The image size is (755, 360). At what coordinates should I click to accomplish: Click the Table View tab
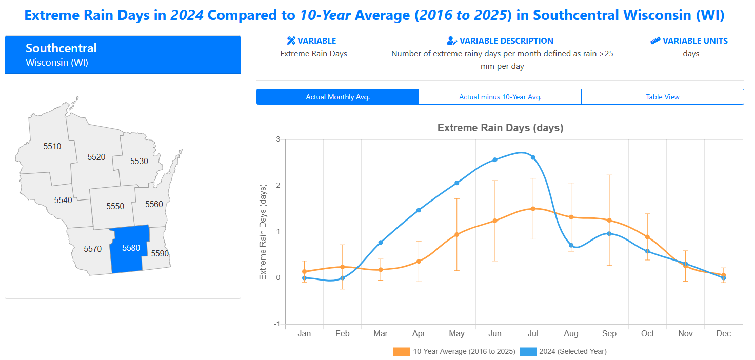click(663, 97)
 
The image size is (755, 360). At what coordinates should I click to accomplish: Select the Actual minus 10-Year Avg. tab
click(500, 97)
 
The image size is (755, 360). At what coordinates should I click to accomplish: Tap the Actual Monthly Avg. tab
click(337, 97)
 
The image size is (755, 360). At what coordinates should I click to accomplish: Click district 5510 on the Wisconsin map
click(52, 147)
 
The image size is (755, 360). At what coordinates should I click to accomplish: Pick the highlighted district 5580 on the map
click(131, 248)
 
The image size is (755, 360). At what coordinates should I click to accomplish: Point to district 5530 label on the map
click(139, 161)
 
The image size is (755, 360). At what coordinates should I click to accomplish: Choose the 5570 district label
click(93, 249)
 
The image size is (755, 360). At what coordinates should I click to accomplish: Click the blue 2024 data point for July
click(533, 157)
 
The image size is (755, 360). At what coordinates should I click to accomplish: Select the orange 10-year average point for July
click(533, 209)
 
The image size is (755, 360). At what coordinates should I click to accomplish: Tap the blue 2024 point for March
click(381, 242)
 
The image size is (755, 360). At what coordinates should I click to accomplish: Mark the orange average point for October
click(647, 237)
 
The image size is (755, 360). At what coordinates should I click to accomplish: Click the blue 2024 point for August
click(571, 245)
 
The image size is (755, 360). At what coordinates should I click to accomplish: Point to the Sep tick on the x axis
click(609, 334)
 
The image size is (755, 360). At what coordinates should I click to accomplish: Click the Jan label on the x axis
click(305, 334)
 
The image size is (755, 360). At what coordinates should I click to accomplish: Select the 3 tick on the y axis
click(278, 139)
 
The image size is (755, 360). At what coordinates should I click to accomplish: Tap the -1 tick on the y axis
click(276, 324)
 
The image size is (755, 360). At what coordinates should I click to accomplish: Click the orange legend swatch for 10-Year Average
click(402, 352)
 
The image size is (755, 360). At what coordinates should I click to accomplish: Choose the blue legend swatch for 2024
click(528, 352)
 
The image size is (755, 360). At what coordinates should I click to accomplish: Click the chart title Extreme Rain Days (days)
click(500, 128)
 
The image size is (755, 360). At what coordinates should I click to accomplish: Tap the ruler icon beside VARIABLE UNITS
click(655, 41)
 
